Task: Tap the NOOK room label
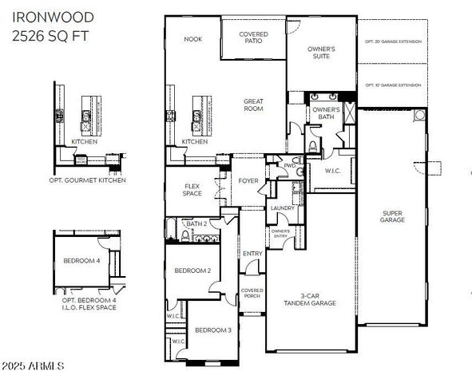192,38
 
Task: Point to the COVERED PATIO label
254,38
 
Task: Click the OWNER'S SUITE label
321,53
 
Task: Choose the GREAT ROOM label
254,105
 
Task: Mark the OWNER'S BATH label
326,113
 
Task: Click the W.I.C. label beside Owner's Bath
333,170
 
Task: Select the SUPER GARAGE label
392,216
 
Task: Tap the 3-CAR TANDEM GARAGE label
311,299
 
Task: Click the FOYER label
248,181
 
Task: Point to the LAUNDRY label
283,208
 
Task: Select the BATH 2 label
196,224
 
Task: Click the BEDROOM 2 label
192,270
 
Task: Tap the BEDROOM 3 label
213,330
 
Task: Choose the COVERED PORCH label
252,293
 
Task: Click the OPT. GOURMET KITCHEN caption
88,180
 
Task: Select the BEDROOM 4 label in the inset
81,260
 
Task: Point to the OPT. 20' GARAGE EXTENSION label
393,41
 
